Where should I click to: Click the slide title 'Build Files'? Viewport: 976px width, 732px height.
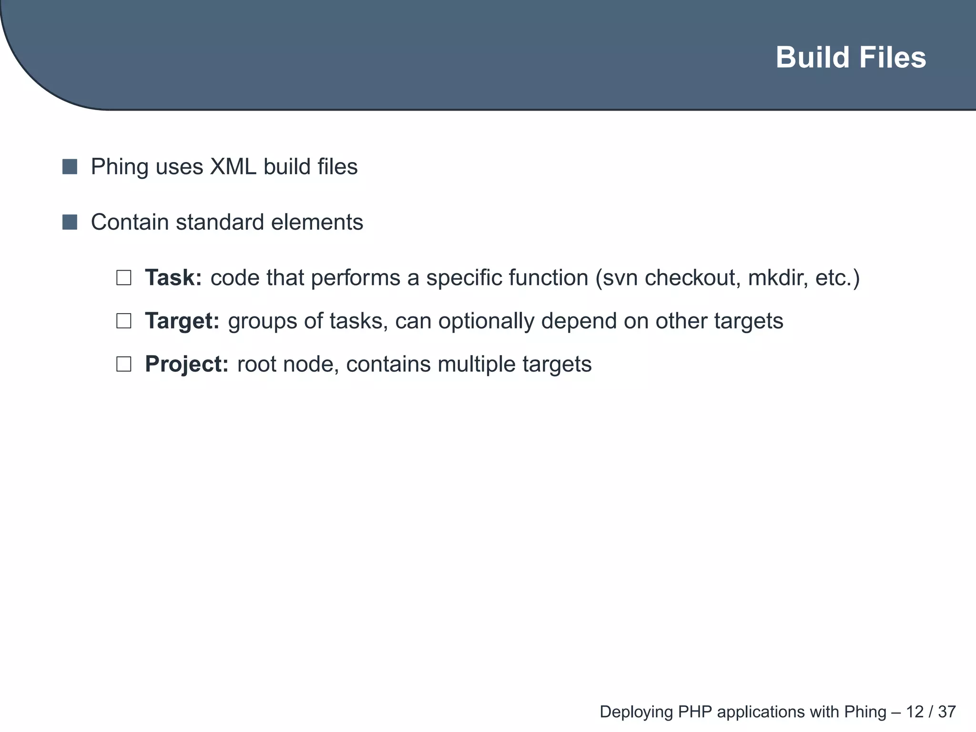point(851,58)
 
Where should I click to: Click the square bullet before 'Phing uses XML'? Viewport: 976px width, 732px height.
point(70,167)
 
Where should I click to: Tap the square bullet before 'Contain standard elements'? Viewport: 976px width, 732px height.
point(70,222)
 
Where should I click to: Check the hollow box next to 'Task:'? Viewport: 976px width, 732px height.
point(124,278)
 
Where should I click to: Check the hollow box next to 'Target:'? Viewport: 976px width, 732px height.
point(124,321)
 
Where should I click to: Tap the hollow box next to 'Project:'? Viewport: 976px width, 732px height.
point(124,365)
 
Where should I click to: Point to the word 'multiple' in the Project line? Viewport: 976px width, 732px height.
point(476,364)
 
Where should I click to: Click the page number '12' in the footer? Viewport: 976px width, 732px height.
point(915,712)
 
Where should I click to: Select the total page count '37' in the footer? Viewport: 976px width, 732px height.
point(947,712)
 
